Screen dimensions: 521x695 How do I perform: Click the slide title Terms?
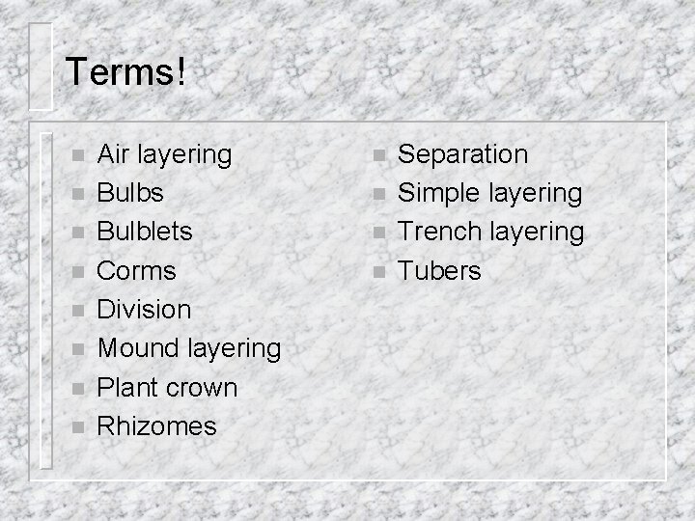(125, 73)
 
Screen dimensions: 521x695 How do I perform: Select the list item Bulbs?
(130, 193)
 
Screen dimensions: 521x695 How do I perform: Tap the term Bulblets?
(145, 232)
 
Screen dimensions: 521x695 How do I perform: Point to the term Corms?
(136, 271)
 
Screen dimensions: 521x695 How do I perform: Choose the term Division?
(145, 310)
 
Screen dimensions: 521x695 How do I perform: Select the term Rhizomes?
(157, 425)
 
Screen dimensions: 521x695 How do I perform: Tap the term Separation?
(463, 154)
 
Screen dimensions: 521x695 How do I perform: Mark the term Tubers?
(439, 271)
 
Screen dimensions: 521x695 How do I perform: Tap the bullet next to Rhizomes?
(78, 426)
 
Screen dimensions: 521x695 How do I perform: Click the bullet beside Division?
(78, 311)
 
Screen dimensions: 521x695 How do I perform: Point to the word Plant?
(127, 388)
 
